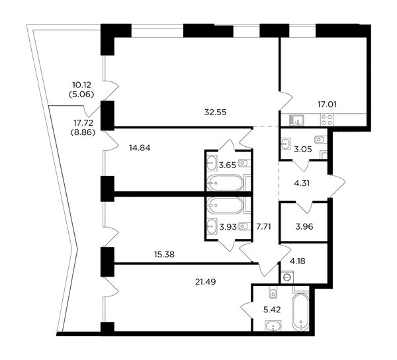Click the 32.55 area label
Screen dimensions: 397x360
[215, 112]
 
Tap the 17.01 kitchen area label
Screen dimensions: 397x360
[327, 105]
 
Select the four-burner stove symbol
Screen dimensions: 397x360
[327, 120]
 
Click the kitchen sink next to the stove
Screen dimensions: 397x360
[296, 120]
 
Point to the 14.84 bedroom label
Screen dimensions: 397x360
[140, 148]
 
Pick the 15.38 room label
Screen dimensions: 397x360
[164, 254]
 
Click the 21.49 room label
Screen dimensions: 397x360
[205, 281]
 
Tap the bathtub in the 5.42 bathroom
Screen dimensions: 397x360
[300, 312]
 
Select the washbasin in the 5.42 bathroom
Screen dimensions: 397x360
[273, 326]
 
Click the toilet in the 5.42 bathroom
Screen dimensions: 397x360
[273, 293]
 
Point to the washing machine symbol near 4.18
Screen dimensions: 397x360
[287, 277]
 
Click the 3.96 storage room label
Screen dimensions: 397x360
[304, 226]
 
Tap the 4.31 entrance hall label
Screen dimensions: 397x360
[302, 183]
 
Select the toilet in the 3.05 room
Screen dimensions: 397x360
[320, 140]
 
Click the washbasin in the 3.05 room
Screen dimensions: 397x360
[285, 144]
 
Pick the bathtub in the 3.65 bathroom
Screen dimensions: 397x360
[225, 183]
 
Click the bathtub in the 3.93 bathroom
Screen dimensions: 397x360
[225, 205]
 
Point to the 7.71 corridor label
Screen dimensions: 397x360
[263, 226]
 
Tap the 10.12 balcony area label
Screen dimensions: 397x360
[81, 85]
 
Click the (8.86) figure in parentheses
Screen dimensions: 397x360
[83, 132]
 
